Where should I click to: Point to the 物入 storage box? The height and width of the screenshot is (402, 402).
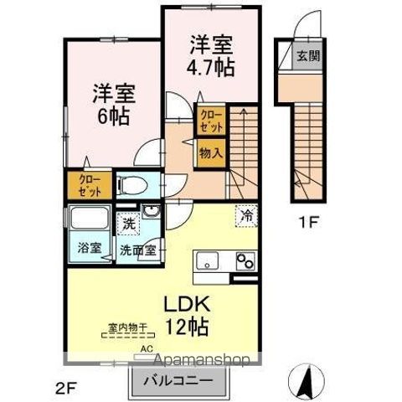pos(210,153)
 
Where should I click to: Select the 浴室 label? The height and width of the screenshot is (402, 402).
pos(90,248)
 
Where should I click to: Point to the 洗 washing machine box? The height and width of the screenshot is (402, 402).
pos(128,224)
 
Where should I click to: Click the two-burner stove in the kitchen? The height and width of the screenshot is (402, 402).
pos(245,261)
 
